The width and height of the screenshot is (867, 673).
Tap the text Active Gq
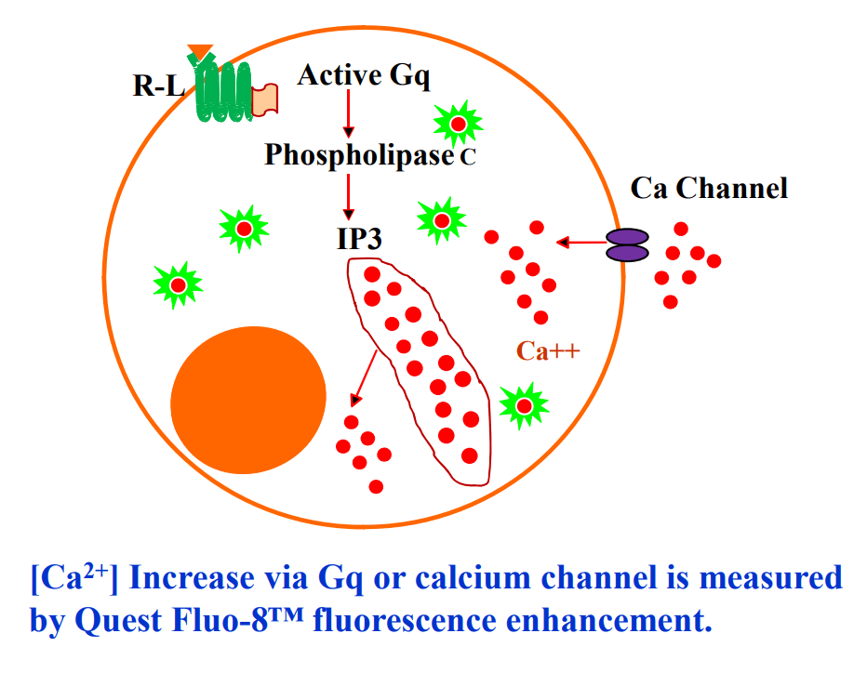364,75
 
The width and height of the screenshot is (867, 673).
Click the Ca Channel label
709,189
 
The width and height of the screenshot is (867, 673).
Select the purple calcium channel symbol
627,244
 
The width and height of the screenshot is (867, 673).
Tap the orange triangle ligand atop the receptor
200,52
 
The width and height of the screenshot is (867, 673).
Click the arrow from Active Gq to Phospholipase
347,114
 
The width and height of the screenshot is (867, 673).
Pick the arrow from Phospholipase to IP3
348,195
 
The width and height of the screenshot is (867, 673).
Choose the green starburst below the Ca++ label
524,404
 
